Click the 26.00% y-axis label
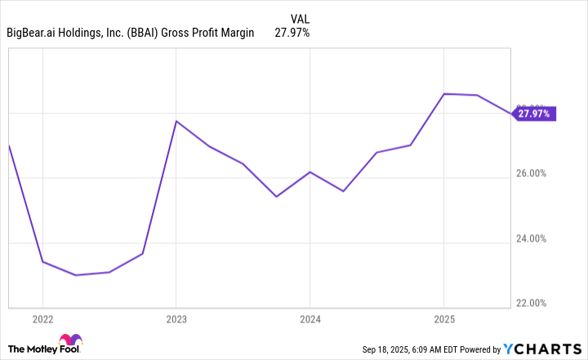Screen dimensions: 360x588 (536, 174)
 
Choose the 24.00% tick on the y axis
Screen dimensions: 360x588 (536, 239)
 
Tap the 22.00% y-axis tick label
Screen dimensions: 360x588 (536, 304)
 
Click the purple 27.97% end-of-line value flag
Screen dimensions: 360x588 (534, 113)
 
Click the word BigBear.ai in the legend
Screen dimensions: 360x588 (35, 33)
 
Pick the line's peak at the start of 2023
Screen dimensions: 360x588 (176, 121)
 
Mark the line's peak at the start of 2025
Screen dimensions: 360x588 (443, 94)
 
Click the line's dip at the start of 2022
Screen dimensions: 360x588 (42, 262)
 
